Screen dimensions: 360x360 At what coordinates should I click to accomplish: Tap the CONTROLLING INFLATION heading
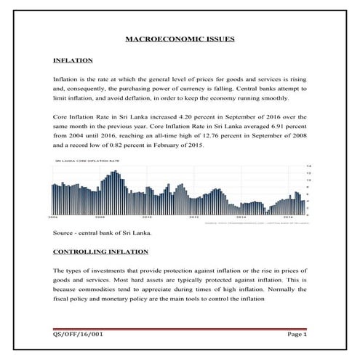pyautogui.click(x=100, y=252)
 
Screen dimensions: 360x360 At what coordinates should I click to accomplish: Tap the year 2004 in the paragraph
pyautogui.click(x=80, y=136)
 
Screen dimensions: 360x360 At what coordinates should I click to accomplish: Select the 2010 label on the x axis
pyautogui.click(x=148, y=217)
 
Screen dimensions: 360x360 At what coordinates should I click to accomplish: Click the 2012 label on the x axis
pyautogui.click(x=195, y=217)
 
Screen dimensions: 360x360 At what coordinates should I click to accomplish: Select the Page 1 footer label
pyautogui.click(x=298, y=335)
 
